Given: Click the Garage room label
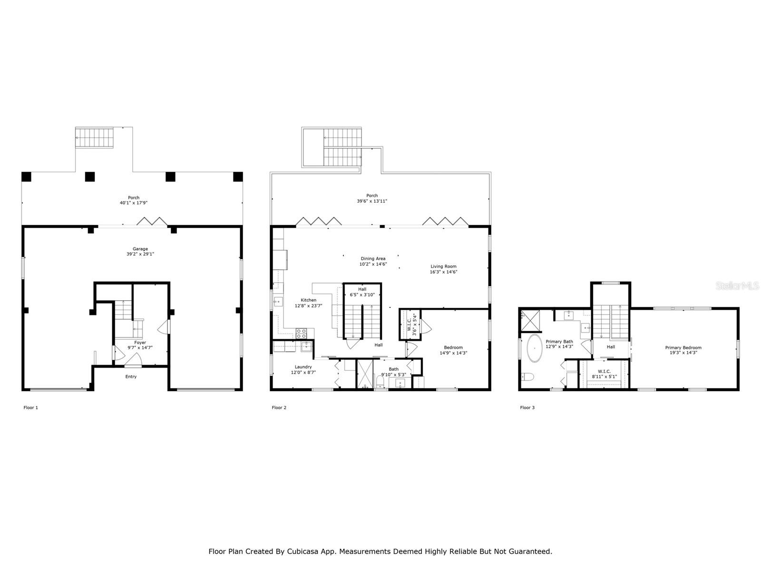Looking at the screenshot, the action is [x=140, y=248].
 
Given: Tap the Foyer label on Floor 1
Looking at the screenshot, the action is [x=140, y=342].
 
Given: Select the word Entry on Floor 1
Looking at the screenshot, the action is [x=131, y=376].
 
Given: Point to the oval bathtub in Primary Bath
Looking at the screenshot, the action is [x=534, y=348].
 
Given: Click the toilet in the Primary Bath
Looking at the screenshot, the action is [x=527, y=376].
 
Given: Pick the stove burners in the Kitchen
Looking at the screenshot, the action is [x=301, y=333].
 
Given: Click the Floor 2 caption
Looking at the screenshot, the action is [x=279, y=407].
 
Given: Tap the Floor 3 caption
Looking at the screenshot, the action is [x=527, y=407].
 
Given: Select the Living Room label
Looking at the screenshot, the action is [x=443, y=266].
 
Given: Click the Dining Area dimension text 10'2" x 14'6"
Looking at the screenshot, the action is [x=373, y=264].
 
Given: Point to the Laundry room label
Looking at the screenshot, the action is [x=303, y=367].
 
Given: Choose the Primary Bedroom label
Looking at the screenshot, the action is [x=683, y=347].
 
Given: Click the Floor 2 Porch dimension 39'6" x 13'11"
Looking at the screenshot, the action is [x=371, y=201].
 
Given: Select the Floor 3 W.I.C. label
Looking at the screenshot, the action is [x=604, y=371].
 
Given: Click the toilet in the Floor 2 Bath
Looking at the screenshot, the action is [x=380, y=381].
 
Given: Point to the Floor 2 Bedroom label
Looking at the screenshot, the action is [x=453, y=347].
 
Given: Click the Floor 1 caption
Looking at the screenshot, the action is [x=30, y=407].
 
